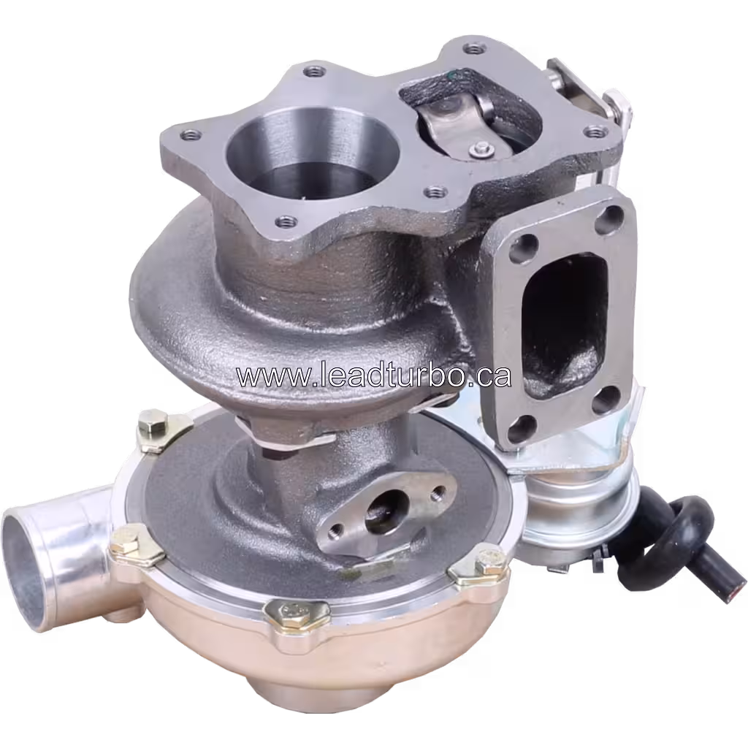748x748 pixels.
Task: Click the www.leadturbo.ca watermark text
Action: [373, 375]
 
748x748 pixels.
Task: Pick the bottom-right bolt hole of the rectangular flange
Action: [606, 399]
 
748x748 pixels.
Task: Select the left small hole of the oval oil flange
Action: [336, 530]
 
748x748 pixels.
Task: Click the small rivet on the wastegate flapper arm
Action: [480, 150]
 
